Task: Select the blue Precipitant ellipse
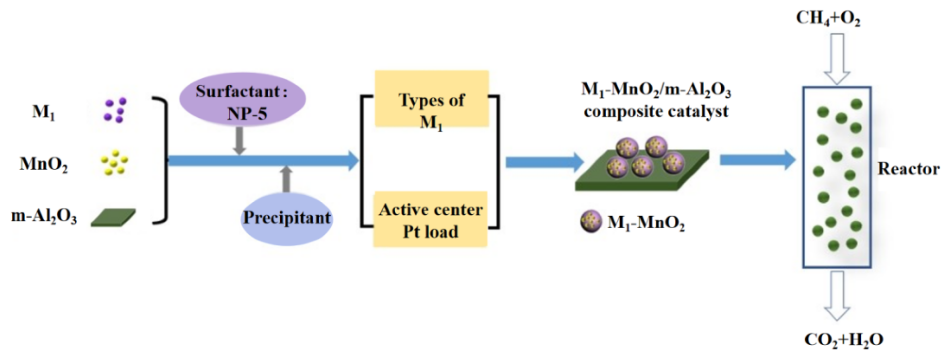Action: [x=287, y=218]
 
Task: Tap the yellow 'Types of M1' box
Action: [x=432, y=99]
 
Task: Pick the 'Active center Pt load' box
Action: [x=430, y=219]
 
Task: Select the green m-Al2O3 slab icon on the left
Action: [x=113, y=217]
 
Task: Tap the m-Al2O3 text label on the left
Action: [x=44, y=216]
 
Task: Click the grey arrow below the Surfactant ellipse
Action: [x=239, y=141]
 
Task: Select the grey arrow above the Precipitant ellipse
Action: [x=286, y=179]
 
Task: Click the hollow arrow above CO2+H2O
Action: [x=837, y=295]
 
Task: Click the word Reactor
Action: [x=908, y=168]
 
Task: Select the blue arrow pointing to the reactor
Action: [x=758, y=160]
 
